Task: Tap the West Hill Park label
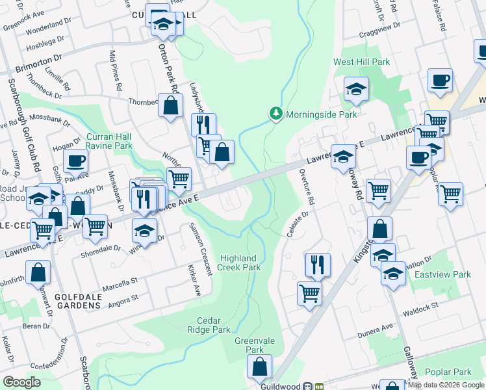point(362,62)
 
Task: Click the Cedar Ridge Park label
point(214,325)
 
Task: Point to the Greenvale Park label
point(249,344)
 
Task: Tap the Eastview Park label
point(452,275)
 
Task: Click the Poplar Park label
point(448,372)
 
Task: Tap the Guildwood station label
point(280,386)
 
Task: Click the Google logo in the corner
point(21,382)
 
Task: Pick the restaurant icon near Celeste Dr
point(318,264)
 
